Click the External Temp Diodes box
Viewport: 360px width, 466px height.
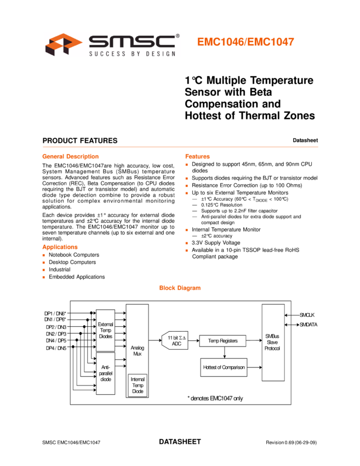tap(105, 329)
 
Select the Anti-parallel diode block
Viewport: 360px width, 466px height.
tap(105, 373)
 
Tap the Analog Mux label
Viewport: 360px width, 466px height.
tap(137, 351)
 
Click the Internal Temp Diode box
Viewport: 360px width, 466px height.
tap(138, 385)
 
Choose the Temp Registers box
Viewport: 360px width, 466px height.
tap(222, 341)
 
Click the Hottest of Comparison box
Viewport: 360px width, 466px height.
tap(224, 367)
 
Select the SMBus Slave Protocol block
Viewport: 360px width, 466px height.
tap(272, 343)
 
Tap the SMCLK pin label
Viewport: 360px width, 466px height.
tap(307, 315)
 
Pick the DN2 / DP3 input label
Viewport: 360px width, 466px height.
tap(56, 333)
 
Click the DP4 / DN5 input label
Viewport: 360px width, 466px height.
tap(56, 348)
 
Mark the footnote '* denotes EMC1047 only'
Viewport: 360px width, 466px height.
tap(215, 399)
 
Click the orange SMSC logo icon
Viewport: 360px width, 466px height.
tap(64, 45)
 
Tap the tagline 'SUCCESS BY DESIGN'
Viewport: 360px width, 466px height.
tap(132, 53)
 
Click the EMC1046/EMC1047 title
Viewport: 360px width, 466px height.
tap(245, 42)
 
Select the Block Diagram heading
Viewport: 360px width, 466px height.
tap(180, 288)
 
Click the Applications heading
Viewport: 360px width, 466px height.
tap(60, 247)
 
